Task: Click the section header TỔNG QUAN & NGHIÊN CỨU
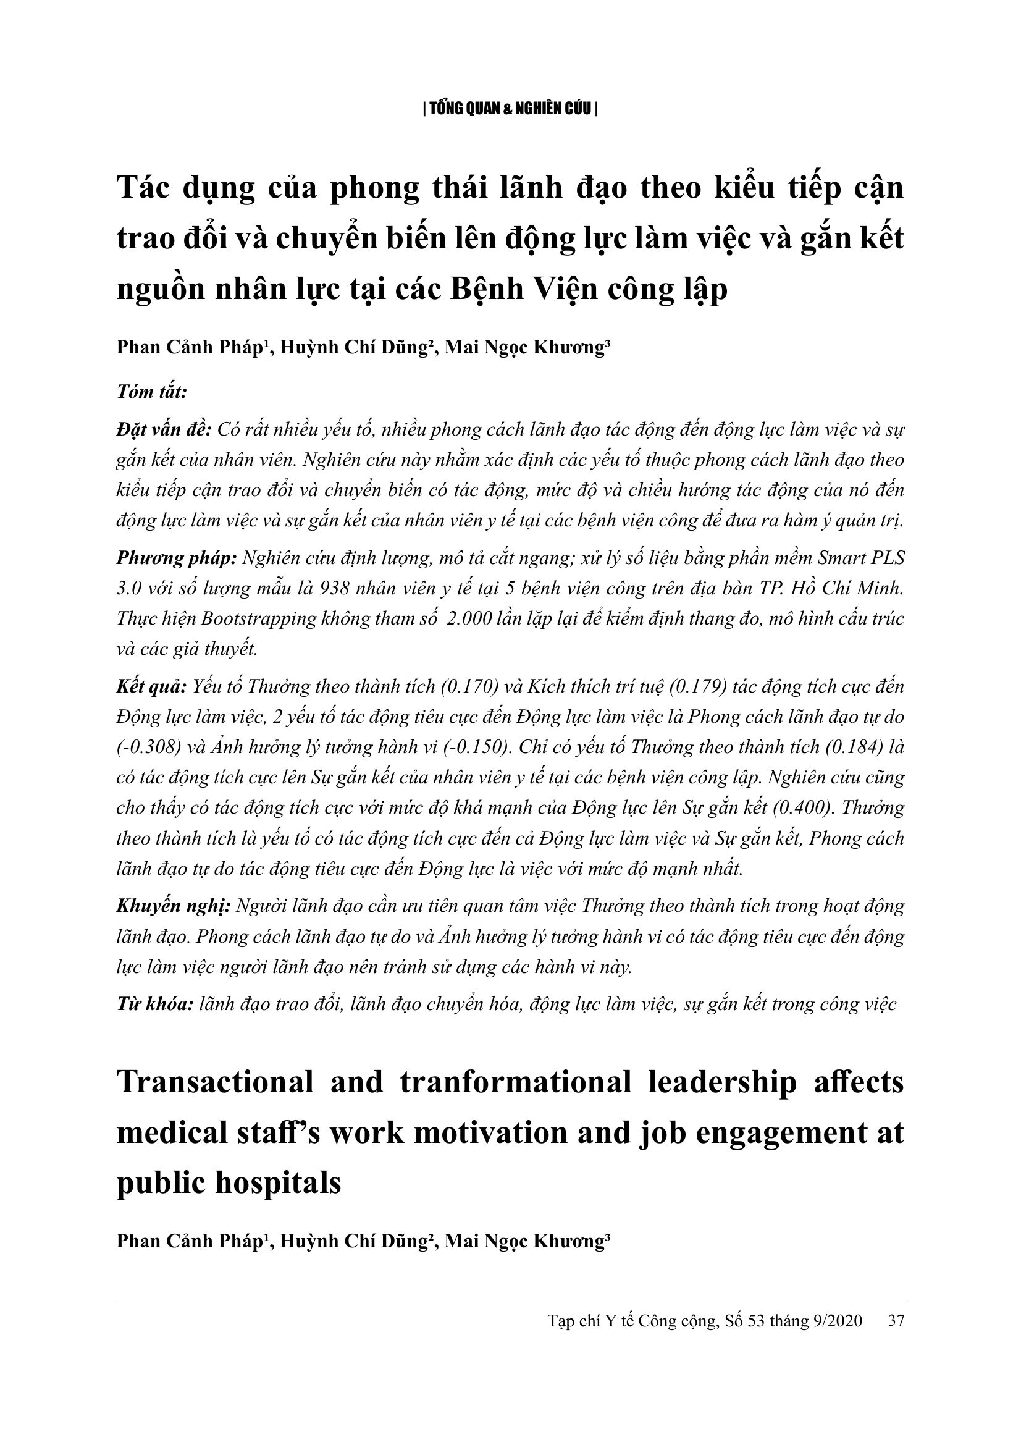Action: pyautogui.click(x=510, y=109)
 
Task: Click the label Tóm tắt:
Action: pyautogui.click(x=151, y=392)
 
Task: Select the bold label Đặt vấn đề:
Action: pyautogui.click(x=164, y=430)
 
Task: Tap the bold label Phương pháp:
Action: pyautogui.click(x=177, y=558)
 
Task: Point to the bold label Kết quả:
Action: pyautogui.click(x=151, y=686)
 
